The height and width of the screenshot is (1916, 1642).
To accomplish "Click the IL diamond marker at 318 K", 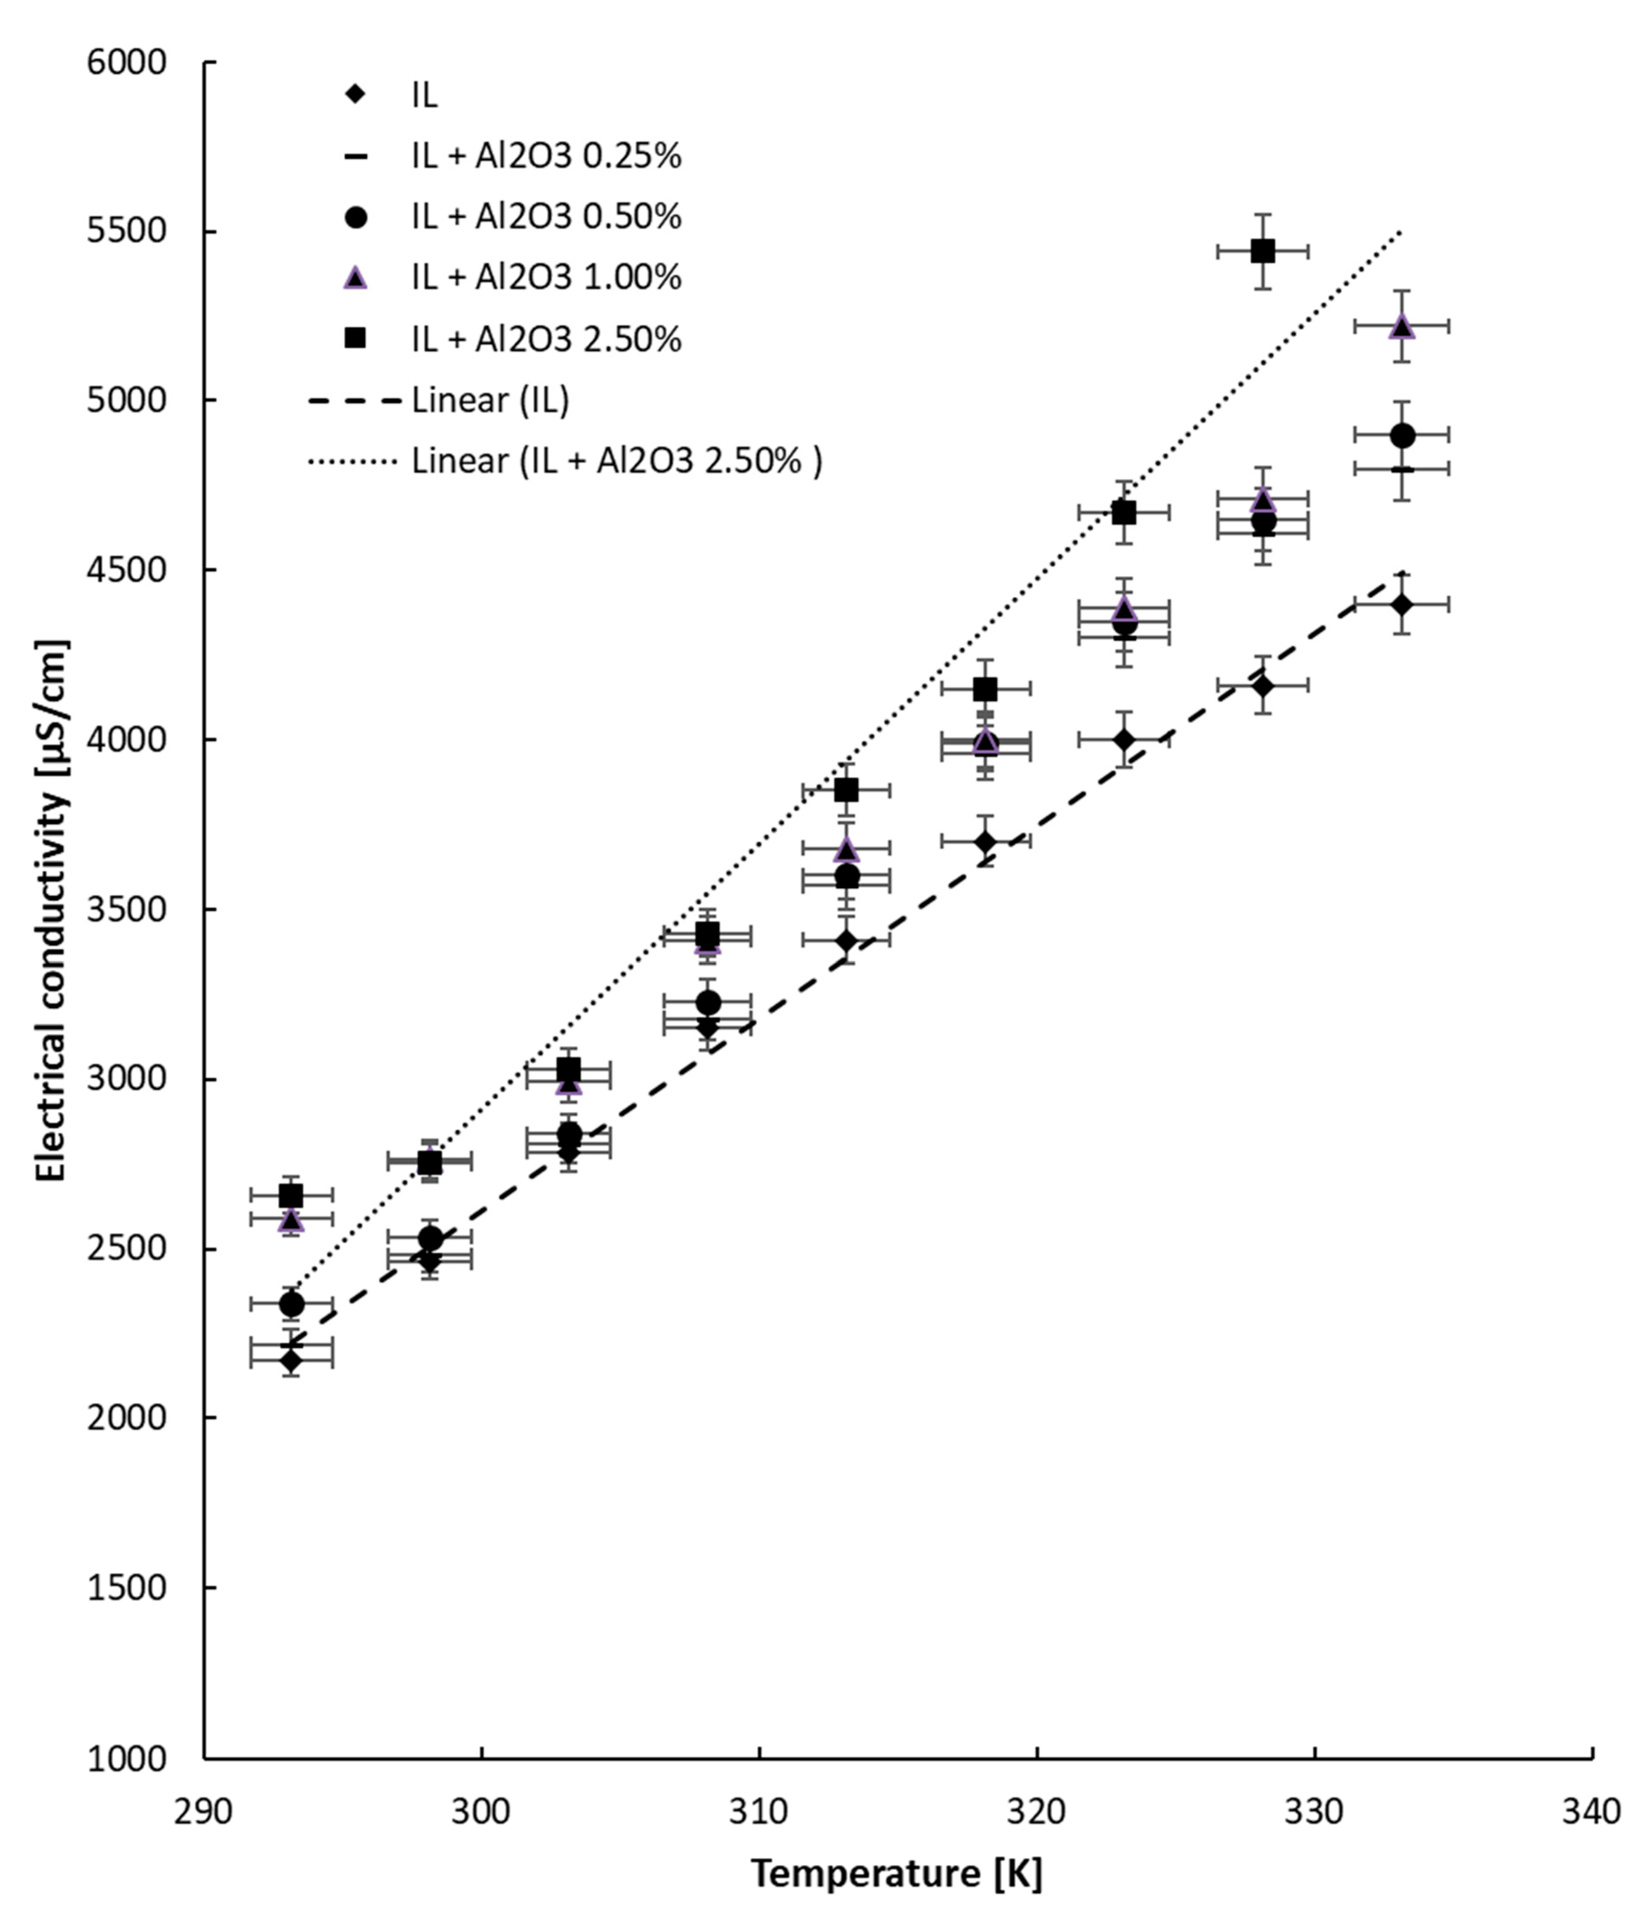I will (x=985, y=841).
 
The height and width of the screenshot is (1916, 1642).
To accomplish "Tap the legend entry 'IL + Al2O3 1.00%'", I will (x=546, y=277).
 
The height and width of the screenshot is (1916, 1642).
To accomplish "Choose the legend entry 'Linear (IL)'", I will (x=490, y=400).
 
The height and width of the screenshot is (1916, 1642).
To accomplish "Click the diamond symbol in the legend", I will (x=355, y=94).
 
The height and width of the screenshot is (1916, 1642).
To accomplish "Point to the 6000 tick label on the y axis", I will (x=128, y=63).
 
